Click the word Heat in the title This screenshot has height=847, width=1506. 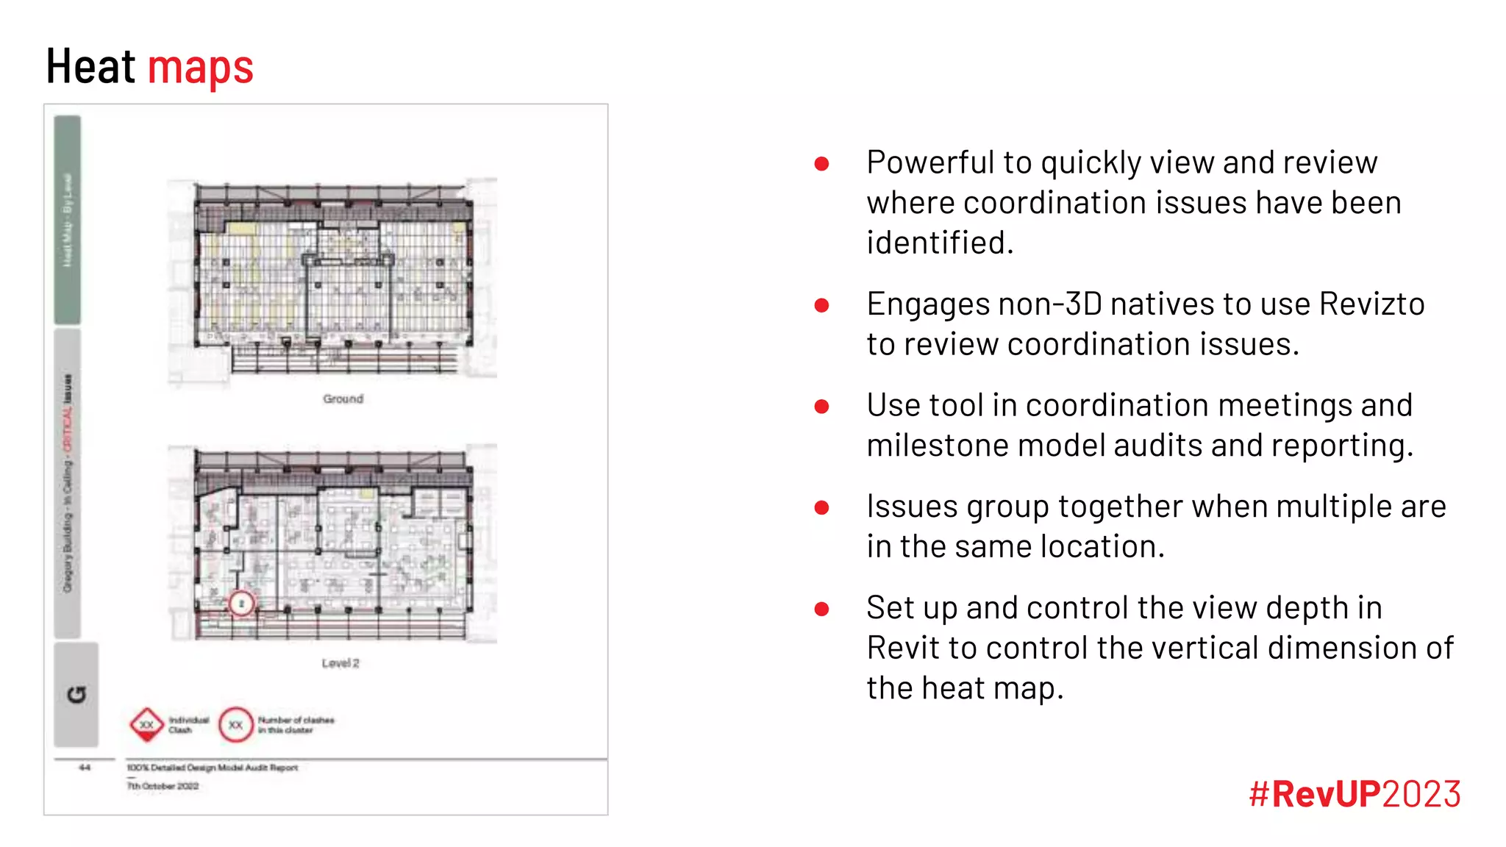[x=90, y=67]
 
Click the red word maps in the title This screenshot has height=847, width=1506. [x=201, y=68]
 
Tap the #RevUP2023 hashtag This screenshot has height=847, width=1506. [x=1355, y=794]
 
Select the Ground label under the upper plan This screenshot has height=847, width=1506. [x=343, y=399]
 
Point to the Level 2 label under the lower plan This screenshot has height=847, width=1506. [x=340, y=663]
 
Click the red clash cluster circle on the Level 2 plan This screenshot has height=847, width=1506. [x=241, y=604]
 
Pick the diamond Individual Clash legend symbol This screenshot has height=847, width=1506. [x=147, y=725]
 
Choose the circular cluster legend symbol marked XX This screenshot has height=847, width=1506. [x=235, y=725]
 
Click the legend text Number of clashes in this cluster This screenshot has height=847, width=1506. [x=296, y=725]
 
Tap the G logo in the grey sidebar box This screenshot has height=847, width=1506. [x=76, y=695]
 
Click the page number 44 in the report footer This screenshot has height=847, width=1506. [x=85, y=768]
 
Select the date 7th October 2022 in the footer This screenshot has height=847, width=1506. [x=163, y=786]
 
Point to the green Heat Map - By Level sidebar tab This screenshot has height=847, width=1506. [x=68, y=220]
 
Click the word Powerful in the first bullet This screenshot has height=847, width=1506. [x=929, y=162]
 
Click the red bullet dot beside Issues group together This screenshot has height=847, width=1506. [x=822, y=507]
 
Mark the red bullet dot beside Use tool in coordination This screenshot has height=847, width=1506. [x=822, y=407]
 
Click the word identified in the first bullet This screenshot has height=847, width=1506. [x=939, y=243]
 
